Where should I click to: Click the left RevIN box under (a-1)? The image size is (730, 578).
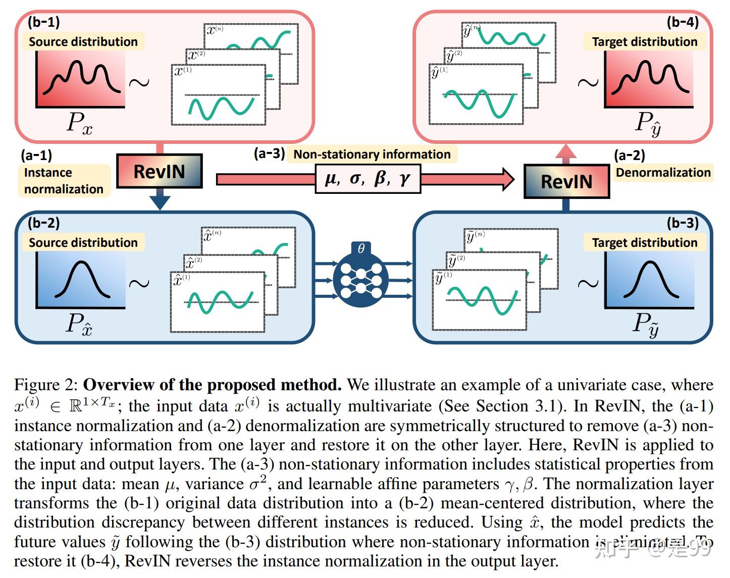pyautogui.click(x=159, y=172)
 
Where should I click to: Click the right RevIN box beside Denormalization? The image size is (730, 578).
pyautogui.click(x=566, y=181)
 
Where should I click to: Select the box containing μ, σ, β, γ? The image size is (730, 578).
pyautogui.click(x=368, y=179)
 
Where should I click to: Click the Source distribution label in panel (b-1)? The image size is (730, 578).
pyautogui.click(x=83, y=41)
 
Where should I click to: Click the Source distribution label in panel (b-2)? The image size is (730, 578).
pyautogui.click(x=83, y=242)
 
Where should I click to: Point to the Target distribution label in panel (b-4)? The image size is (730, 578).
pyautogui.click(x=645, y=41)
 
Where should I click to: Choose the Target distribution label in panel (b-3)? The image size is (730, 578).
pyautogui.click(x=645, y=242)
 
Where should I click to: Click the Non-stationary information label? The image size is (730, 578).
pyautogui.click(x=372, y=154)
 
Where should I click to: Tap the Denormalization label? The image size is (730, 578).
pyautogui.click(x=663, y=173)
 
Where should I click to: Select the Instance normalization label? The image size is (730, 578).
pyautogui.click(x=64, y=181)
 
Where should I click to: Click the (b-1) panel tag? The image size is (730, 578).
pyautogui.click(x=43, y=22)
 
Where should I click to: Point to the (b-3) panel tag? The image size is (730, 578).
pyautogui.click(x=683, y=223)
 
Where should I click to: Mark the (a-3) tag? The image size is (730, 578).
pyautogui.click(x=269, y=153)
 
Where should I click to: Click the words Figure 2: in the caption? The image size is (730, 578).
pyautogui.click(x=46, y=385)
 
